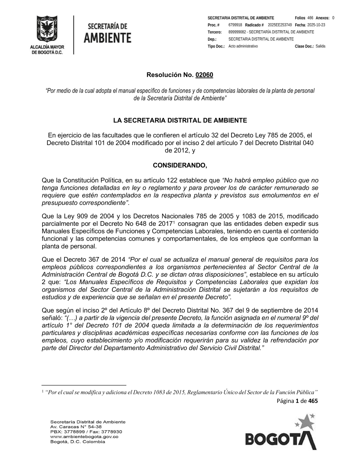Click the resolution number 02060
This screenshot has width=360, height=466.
click(204, 75)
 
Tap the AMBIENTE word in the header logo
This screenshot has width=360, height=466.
click(107, 38)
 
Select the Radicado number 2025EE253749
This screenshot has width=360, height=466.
click(280, 25)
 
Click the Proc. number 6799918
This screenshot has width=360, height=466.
click(235, 25)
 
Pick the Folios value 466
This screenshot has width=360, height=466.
click(310, 18)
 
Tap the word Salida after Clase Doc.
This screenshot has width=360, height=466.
click(320, 46)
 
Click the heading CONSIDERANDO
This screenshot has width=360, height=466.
click(180, 165)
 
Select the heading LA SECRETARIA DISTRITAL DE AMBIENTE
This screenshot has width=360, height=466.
click(180, 120)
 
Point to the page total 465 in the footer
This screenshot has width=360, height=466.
click(313, 401)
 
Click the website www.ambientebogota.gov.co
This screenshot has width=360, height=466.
click(84, 436)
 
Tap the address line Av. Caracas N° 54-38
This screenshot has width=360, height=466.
click(76, 427)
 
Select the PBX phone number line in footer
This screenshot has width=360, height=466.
click(86, 431)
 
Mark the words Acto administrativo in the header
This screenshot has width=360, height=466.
click(243, 46)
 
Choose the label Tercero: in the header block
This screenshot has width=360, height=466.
click(215, 32)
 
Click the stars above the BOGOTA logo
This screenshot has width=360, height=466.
click(305, 420)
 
